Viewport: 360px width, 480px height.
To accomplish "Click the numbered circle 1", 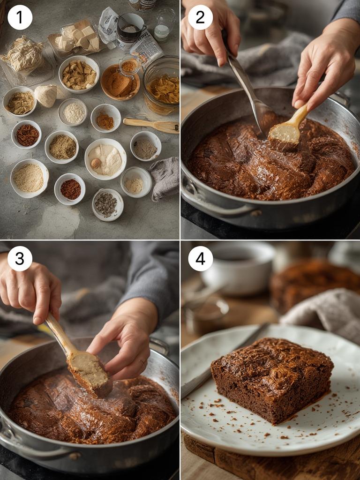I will (x=20, y=17).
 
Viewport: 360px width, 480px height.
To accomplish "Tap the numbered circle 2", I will (x=200, y=17).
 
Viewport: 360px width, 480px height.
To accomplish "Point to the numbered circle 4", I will (x=200, y=258).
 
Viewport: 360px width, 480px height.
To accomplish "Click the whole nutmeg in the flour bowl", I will (x=96, y=163).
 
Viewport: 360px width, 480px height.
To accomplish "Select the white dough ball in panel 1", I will (x=46, y=96).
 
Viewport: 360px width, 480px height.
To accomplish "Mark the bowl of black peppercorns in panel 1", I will (x=107, y=204).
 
